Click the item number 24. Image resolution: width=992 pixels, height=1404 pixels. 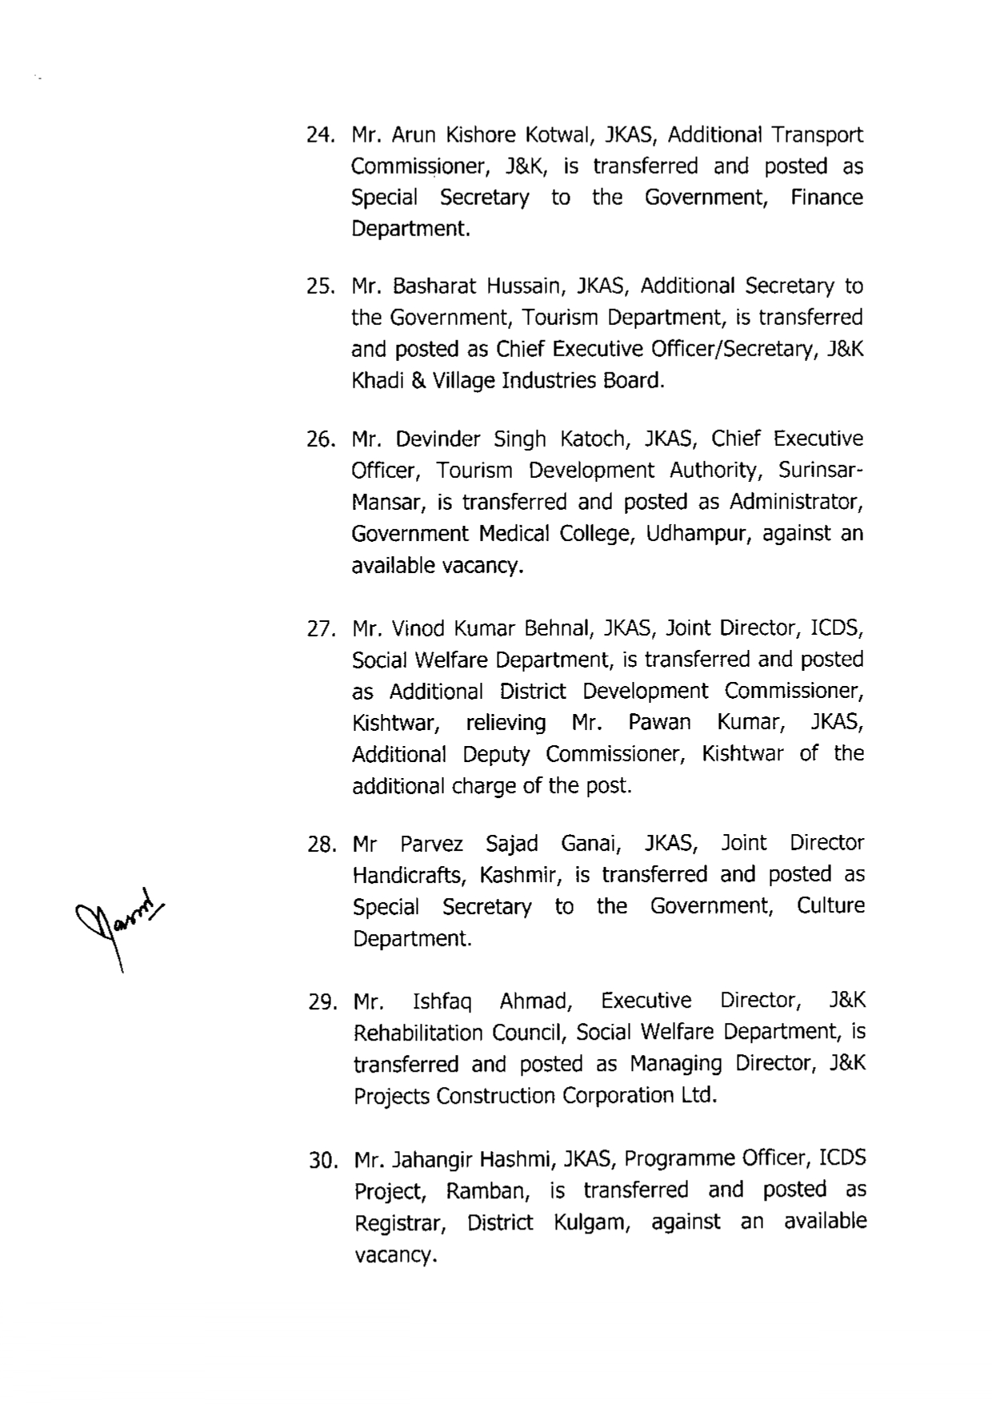coord(320,135)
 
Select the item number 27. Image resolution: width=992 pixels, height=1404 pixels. coord(320,629)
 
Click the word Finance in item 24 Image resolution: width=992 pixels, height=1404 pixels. coord(826,198)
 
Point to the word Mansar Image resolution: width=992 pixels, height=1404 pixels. coord(382,503)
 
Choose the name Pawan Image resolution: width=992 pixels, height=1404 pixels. coord(659,723)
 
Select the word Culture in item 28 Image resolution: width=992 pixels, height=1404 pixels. coord(830,906)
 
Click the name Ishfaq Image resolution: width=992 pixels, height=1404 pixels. coord(442,1001)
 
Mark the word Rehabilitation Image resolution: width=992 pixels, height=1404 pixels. coord(418,1033)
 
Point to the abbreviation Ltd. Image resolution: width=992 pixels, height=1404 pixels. coord(699,1095)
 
